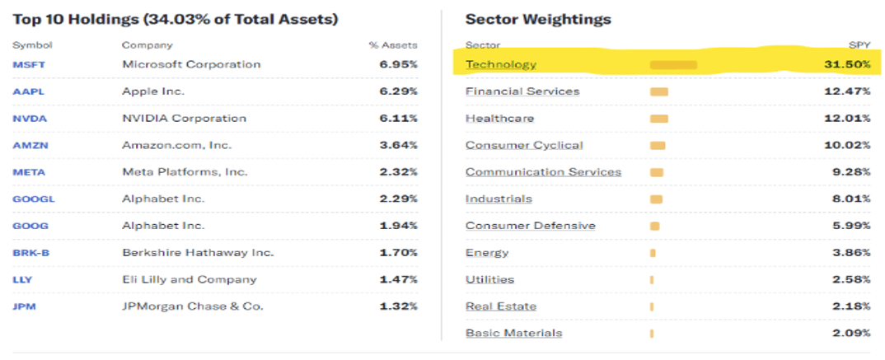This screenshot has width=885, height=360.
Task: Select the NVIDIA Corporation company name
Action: (x=184, y=119)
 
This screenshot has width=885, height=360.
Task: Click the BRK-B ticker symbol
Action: (x=31, y=253)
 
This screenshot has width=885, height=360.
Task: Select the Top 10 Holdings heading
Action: (x=175, y=19)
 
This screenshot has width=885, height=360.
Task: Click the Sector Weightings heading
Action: (x=538, y=19)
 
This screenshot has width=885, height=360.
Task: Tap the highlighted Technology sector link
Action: (x=501, y=64)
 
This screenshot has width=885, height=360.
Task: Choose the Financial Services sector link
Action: (x=522, y=91)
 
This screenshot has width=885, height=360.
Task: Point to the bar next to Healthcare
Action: (x=659, y=119)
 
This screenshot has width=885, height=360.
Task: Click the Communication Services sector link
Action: (x=543, y=172)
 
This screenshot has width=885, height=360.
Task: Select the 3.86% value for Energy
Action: (x=852, y=253)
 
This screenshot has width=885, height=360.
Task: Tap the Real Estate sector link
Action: (x=501, y=306)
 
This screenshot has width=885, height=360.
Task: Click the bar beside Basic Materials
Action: (x=652, y=334)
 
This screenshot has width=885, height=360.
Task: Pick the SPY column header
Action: (x=860, y=45)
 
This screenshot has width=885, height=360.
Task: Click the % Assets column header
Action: (x=393, y=45)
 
